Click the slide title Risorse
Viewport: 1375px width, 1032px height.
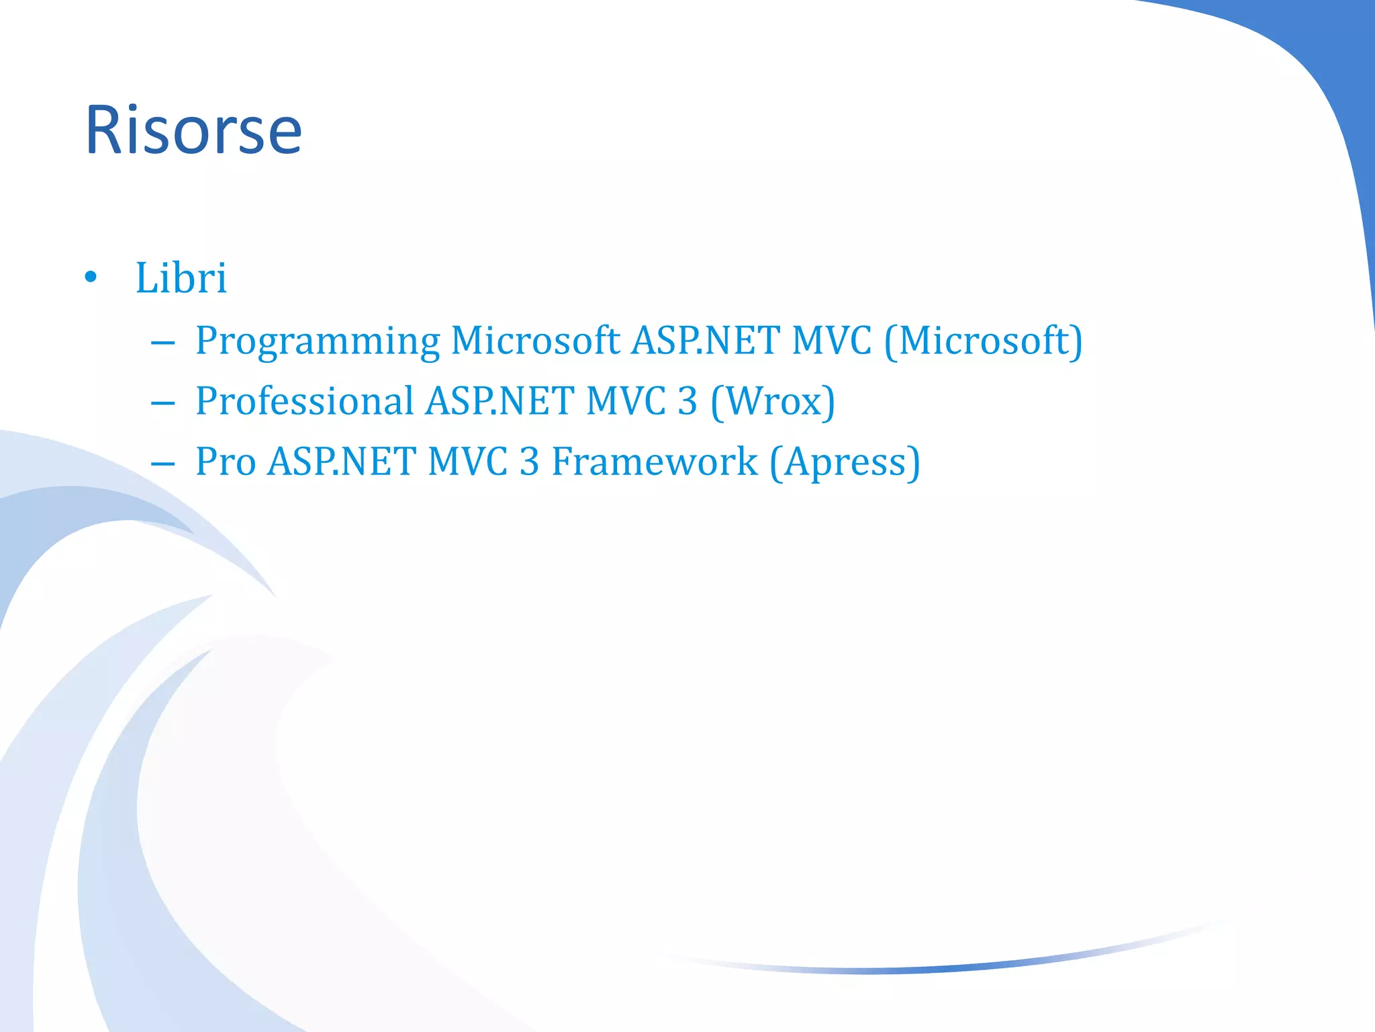(193, 130)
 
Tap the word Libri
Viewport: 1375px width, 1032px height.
(181, 278)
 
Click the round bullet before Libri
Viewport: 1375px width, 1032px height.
(91, 277)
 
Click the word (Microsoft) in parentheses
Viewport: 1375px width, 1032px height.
(983, 341)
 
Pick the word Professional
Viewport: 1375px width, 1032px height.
(304, 402)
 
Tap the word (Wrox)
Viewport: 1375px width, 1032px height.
(773, 402)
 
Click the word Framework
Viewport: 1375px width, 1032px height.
(655, 462)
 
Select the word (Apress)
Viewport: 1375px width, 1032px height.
(845, 462)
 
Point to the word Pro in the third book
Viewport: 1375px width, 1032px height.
(226, 462)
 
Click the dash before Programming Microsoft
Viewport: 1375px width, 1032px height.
(163, 343)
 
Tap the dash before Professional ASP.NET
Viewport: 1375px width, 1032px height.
(163, 404)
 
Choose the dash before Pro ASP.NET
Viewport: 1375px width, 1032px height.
(163, 464)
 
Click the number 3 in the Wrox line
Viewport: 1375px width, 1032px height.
(687, 402)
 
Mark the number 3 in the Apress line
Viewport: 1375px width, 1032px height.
(530, 462)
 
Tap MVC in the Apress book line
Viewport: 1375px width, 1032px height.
(467, 462)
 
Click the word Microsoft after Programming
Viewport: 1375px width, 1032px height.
(535, 341)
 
